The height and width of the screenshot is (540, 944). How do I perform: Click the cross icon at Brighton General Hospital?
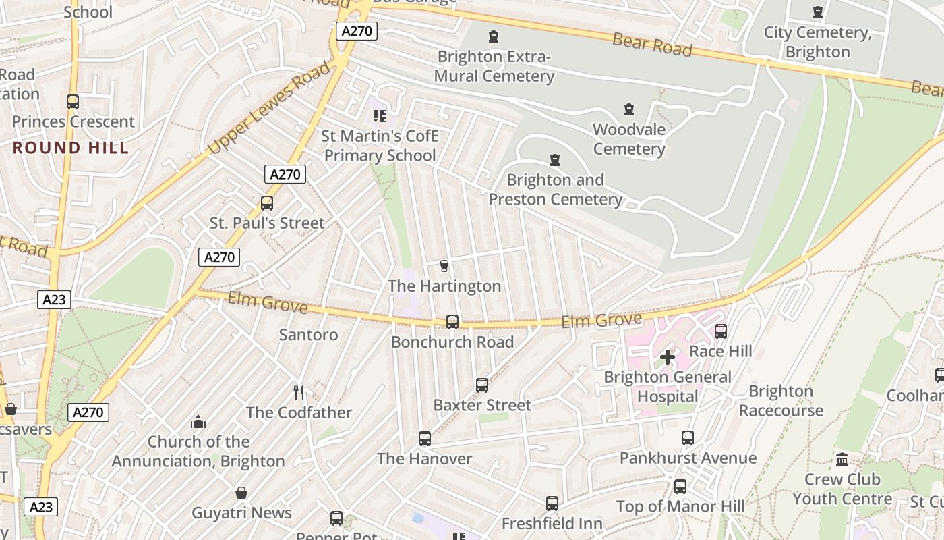coord(668,357)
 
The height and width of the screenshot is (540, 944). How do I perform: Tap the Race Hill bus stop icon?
coord(721,331)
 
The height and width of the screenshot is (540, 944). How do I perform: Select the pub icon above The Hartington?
coord(444,266)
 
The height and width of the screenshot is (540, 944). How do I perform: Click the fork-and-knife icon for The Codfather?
coord(299,392)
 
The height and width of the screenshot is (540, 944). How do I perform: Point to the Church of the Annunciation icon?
coord(198,422)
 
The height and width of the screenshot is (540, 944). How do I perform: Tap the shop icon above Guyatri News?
coord(241,493)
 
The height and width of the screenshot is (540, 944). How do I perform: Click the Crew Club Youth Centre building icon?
coord(842,460)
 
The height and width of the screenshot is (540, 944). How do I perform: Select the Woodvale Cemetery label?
coord(629,139)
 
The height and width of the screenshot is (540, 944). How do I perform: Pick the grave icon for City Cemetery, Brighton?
coord(818,12)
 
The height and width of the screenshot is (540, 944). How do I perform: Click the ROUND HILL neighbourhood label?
coord(71,148)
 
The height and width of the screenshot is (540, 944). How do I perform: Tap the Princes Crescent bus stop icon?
coord(73,102)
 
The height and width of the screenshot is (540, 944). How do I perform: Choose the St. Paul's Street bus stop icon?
coord(267,203)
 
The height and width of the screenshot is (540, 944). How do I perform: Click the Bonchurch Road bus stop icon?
coord(452,322)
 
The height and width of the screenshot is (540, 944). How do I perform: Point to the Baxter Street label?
coord(482,405)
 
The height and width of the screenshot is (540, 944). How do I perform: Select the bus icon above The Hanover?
coord(425,439)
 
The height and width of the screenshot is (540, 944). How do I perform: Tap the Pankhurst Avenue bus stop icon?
coord(688,438)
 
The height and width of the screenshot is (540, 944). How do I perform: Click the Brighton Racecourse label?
coord(781,401)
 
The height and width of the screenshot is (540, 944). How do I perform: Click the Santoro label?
coord(308,334)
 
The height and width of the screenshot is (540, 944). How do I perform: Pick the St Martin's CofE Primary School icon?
coord(380,117)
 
